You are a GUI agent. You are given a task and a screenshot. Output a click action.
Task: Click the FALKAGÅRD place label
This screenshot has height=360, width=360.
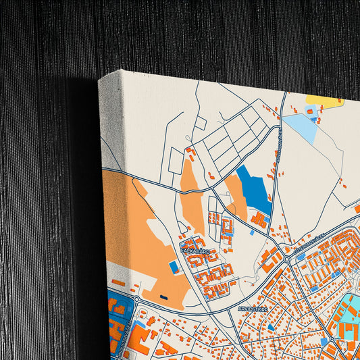point(195,251)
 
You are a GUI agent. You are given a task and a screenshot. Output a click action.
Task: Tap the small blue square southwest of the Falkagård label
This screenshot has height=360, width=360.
point(174,267)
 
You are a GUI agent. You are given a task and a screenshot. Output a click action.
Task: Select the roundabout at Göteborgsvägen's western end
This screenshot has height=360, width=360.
point(287,259)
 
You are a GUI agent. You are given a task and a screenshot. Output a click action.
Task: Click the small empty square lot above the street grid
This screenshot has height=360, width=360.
point(200,124)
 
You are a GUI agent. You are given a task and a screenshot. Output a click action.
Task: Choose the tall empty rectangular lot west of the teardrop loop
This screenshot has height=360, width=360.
point(176,161)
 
